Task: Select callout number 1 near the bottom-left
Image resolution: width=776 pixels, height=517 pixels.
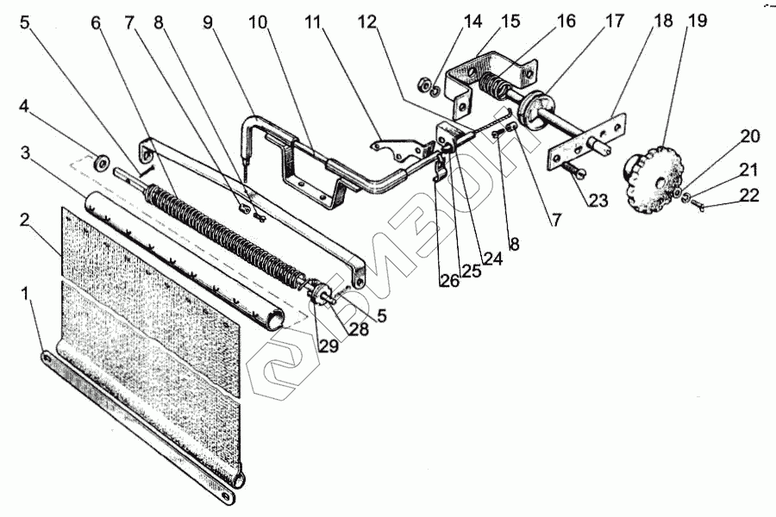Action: tap(29, 294)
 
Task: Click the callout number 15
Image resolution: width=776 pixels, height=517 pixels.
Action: tap(512, 21)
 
